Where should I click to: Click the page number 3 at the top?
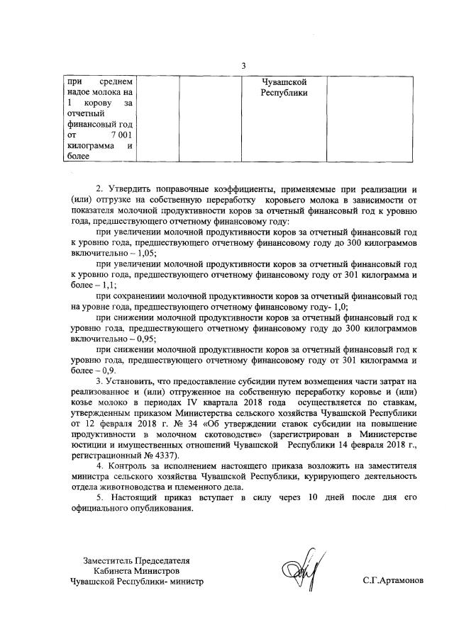243,66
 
